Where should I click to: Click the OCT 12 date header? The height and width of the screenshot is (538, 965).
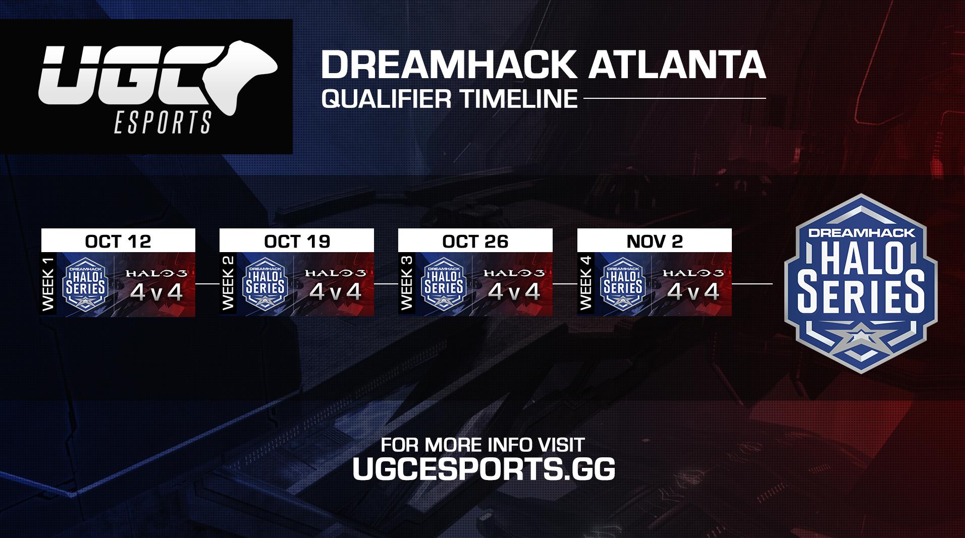tap(118, 241)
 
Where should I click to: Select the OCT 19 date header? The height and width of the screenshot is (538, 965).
tap(297, 241)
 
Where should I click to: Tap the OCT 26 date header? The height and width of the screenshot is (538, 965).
tap(475, 241)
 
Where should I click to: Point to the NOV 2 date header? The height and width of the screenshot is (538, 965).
tap(655, 241)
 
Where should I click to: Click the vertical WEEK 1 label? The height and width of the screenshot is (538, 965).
tap(49, 284)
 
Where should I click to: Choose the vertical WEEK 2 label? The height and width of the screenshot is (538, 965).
tap(228, 284)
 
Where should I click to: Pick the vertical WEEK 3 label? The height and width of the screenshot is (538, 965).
tap(406, 284)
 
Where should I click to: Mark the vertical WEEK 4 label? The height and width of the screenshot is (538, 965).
tap(585, 284)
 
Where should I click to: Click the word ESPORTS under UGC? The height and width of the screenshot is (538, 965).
tap(163, 122)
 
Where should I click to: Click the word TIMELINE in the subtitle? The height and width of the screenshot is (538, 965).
tap(518, 98)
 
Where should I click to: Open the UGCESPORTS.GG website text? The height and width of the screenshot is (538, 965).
tap(484, 469)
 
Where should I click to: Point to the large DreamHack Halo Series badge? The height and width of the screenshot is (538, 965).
tap(861, 284)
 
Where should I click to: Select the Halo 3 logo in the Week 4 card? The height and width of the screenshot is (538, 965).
tap(693, 273)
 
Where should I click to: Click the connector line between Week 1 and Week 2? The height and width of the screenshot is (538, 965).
tap(207, 284)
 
